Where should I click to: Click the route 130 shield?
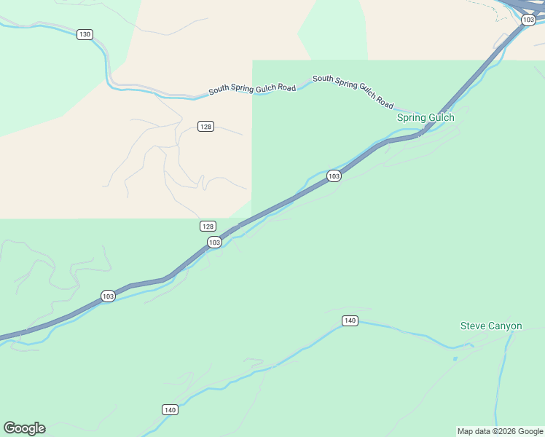(x=85, y=34)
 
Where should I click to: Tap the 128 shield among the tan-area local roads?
(x=205, y=127)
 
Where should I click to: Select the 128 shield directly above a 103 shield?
(x=208, y=227)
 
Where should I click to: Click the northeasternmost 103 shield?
(x=529, y=20)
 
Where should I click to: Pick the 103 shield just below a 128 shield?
(x=214, y=243)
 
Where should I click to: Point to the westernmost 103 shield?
(x=108, y=296)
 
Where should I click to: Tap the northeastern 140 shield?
(x=350, y=321)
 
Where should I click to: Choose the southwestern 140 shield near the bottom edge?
(x=170, y=410)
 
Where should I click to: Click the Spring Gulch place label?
(x=426, y=117)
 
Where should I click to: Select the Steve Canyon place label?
(x=491, y=326)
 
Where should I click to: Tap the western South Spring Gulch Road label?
(x=252, y=90)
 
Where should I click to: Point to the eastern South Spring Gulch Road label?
(x=353, y=90)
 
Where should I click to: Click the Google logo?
(x=24, y=428)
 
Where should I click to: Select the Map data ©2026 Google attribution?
(x=500, y=431)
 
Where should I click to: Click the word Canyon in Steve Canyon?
(x=506, y=326)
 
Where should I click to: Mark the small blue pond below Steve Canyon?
(x=455, y=358)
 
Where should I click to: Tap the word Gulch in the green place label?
(x=442, y=117)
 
